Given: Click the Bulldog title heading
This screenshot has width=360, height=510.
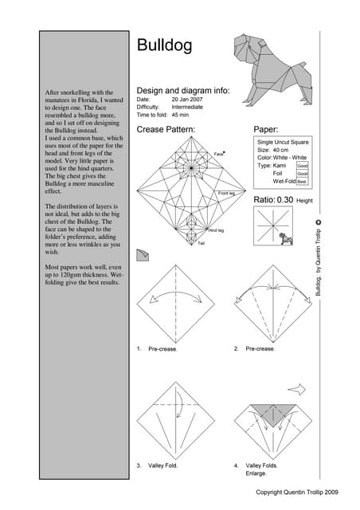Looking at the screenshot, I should pos(164,45).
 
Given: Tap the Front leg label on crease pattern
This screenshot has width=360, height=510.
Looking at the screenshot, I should pos(228,193).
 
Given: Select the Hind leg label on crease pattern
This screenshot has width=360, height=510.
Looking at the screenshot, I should pos(216,229).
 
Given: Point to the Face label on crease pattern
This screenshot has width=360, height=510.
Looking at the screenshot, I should pos(219,153).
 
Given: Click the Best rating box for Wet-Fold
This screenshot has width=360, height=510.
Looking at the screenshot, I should pos(303,182).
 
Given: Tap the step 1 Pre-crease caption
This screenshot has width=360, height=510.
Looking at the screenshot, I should pos(162,349).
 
